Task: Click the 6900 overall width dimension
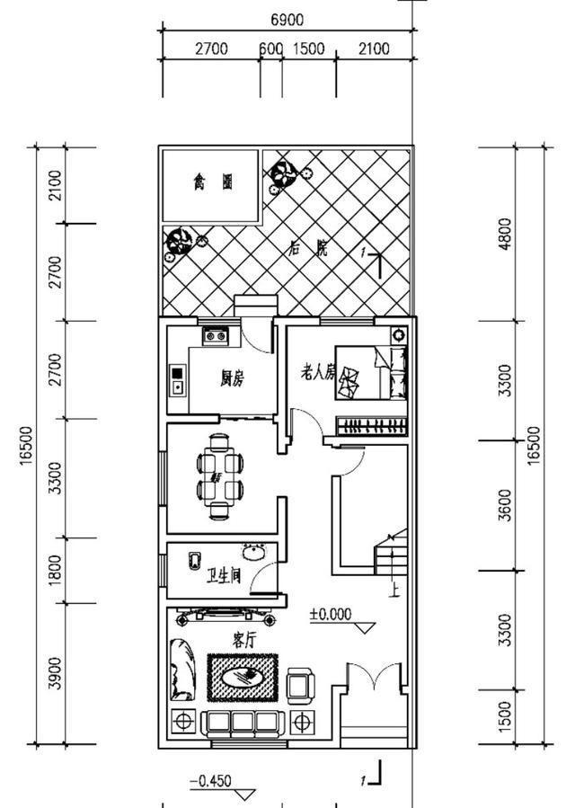287,20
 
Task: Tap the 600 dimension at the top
270,49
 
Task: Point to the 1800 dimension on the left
55,570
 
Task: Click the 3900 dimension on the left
55,672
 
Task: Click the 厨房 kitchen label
232,378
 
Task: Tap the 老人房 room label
317,370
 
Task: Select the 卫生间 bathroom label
224,574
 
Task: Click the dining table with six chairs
220,476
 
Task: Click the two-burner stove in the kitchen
216,336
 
